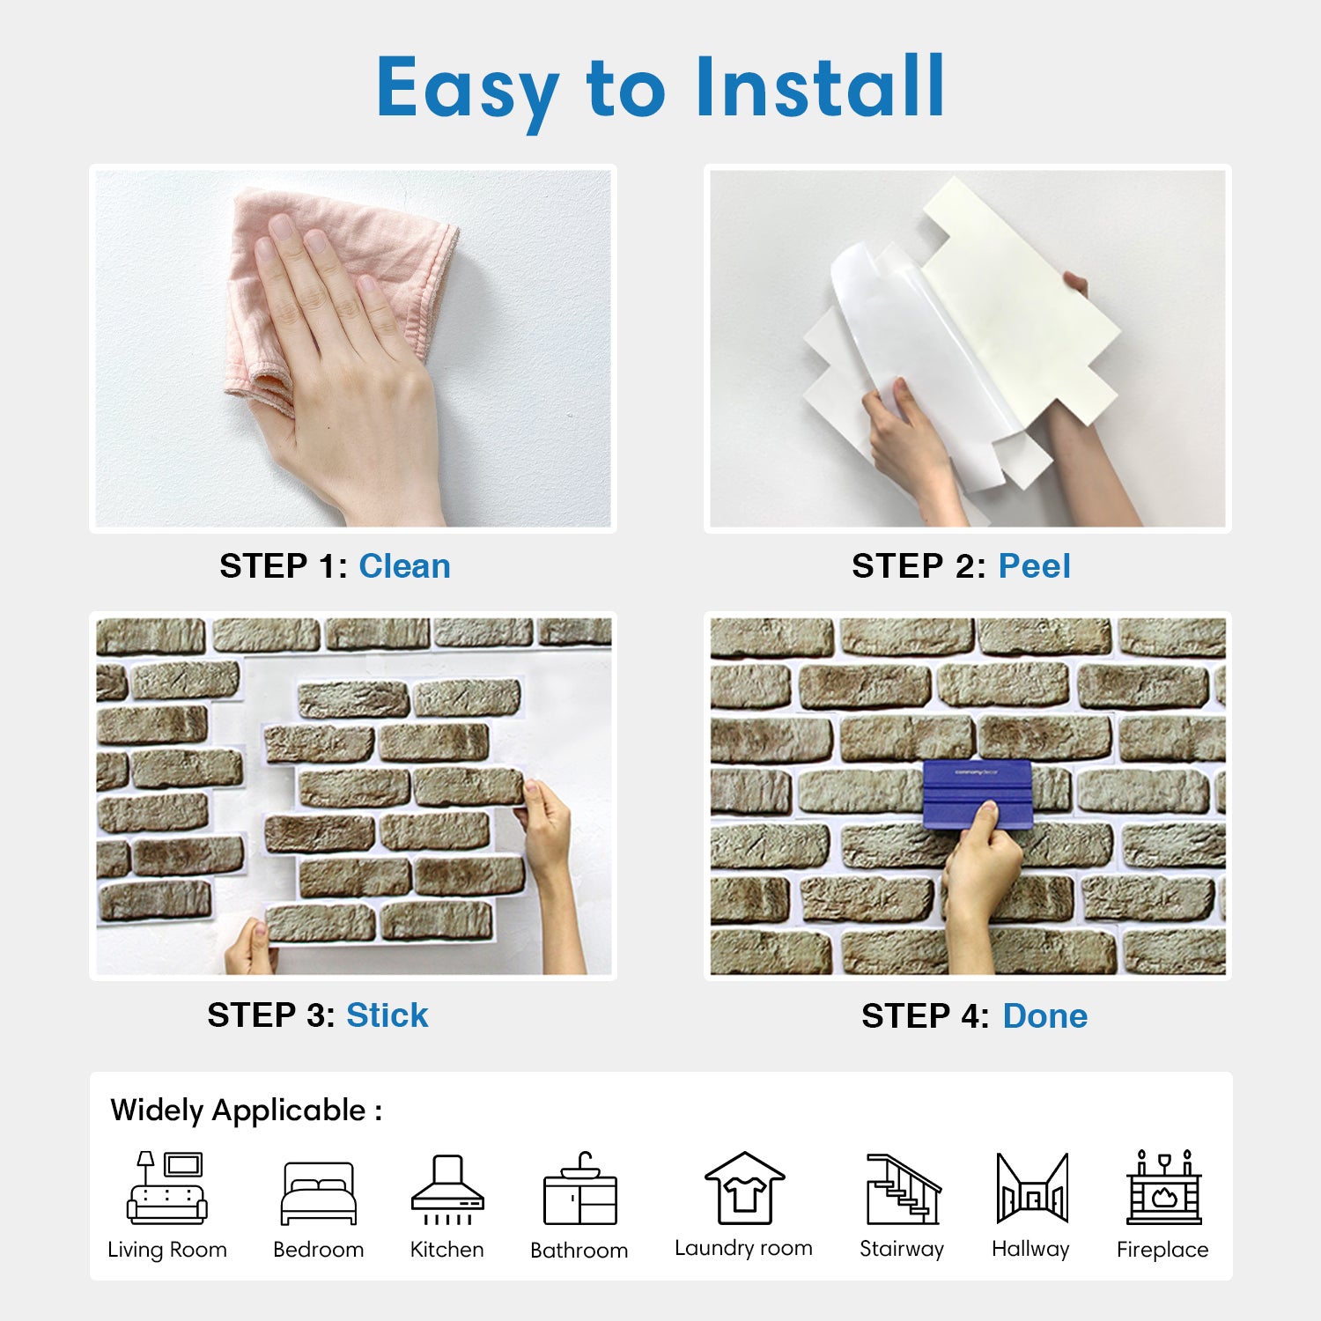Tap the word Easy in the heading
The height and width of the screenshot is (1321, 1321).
tap(469, 92)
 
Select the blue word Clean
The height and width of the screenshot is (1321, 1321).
tap(404, 566)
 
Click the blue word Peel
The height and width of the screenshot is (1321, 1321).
tap(1034, 566)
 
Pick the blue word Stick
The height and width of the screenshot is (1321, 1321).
tap(387, 1015)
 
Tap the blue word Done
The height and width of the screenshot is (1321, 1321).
tap(1044, 1016)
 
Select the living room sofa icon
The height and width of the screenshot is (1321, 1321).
tap(167, 1188)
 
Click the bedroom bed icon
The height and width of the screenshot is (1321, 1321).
tap(319, 1193)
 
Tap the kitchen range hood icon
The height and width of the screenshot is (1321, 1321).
tap(447, 1190)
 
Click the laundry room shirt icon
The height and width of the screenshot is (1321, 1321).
tap(744, 1188)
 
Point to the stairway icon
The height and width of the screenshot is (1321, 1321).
tap(903, 1189)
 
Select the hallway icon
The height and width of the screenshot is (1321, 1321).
tap(1032, 1188)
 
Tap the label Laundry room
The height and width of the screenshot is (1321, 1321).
tap(743, 1248)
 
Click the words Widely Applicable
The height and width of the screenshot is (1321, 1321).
tap(238, 1111)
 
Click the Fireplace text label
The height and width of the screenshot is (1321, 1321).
tap(1162, 1250)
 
